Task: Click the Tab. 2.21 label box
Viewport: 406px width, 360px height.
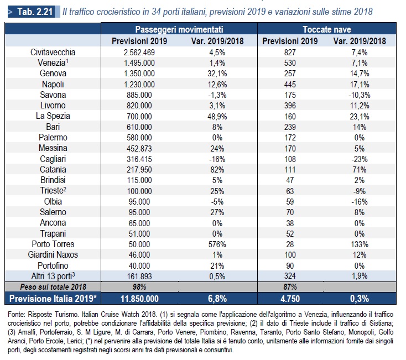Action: point(32,12)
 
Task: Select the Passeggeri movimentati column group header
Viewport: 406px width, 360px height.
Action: point(179,29)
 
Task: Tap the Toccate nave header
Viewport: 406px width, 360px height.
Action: point(327,29)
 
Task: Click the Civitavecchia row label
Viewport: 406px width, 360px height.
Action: point(53,52)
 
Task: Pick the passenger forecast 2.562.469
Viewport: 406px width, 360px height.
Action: point(139,53)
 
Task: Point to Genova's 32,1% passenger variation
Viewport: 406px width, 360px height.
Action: point(217,74)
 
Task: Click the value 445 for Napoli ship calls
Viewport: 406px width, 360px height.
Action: point(290,85)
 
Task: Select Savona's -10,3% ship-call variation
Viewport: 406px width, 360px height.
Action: point(360,95)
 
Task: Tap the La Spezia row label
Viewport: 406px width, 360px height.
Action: point(53,116)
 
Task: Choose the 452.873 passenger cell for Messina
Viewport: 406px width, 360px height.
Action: point(139,149)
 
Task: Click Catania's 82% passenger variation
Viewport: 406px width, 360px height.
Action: point(217,170)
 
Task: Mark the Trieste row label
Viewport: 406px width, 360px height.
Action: point(53,190)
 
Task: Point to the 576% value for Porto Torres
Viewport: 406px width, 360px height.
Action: point(217,244)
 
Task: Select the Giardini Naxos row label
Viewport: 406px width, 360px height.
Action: point(53,255)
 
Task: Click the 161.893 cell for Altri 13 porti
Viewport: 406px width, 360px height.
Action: point(139,276)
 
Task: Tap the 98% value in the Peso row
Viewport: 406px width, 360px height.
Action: point(139,287)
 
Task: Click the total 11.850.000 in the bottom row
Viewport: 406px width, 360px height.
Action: point(139,299)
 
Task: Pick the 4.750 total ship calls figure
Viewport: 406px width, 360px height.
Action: point(290,299)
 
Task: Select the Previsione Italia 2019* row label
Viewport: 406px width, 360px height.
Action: point(53,299)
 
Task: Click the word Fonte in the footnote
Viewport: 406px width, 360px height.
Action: point(16,315)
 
